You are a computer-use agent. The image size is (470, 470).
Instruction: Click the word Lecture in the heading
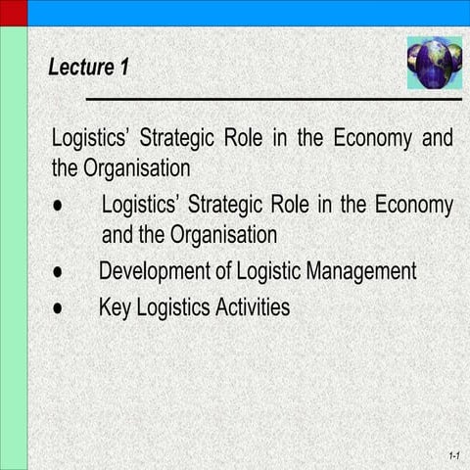[79, 68]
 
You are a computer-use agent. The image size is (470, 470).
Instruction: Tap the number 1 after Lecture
[123, 68]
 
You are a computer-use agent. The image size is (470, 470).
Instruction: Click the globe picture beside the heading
[434, 63]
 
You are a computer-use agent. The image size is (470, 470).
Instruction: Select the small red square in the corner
[13, 13]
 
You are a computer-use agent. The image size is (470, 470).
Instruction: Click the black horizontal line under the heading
[273, 99]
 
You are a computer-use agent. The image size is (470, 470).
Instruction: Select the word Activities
[248, 307]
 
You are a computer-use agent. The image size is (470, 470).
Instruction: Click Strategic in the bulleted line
[226, 207]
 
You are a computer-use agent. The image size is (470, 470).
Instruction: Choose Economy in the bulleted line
[412, 207]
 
